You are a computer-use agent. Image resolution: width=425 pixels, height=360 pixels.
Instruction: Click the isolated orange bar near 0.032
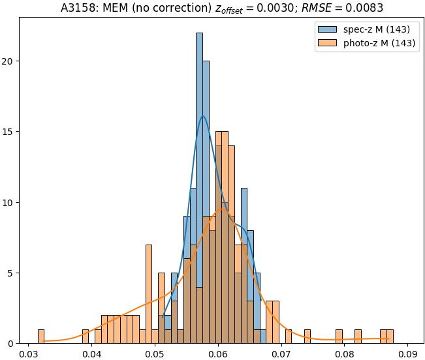[x=41, y=337]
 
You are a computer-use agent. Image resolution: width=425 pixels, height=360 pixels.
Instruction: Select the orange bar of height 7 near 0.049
[x=149, y=293]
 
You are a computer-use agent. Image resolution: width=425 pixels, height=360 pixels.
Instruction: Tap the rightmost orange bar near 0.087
[x=390, y=337]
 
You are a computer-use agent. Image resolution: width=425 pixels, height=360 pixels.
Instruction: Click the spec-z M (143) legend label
[x=377, y=30]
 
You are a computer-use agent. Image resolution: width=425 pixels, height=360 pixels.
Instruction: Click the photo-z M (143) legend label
[x=380, y=44]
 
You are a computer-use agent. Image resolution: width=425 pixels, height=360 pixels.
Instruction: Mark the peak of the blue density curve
[x=203, y=116]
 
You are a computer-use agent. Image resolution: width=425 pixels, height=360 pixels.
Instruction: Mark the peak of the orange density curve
[x=222, y=209]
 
